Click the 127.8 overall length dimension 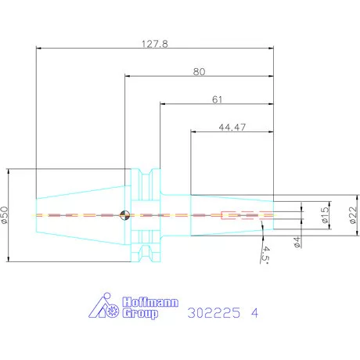[x=155, y=44]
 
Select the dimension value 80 [x=199, y=72]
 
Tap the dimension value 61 [x=217, y=99]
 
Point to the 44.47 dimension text [x=232, y=128]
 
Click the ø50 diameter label [x=5, y=215]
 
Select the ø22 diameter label [x=353, y=215]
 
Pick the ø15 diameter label [x=325, y=215]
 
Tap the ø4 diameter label [x=297, y=242]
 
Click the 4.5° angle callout [x=265, y=254]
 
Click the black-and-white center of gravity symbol [x=124, y=215]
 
